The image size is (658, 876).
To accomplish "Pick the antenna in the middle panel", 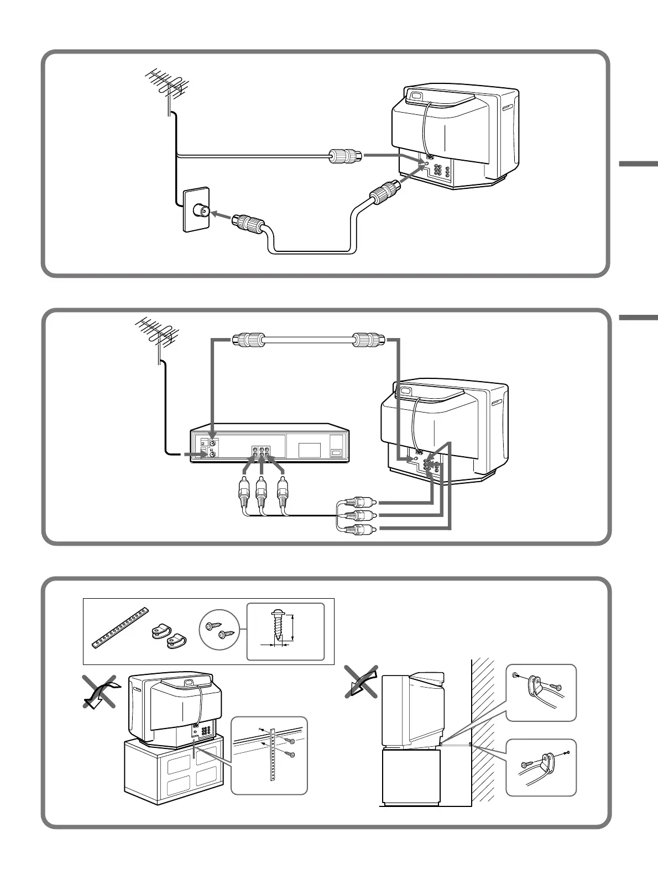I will pyautogui.click(x=157, y=334).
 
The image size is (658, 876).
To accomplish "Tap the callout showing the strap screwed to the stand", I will pyautogui.click(x=269, y=755).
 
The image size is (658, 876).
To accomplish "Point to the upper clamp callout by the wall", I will pyautogui.click(x=541, y=692).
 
